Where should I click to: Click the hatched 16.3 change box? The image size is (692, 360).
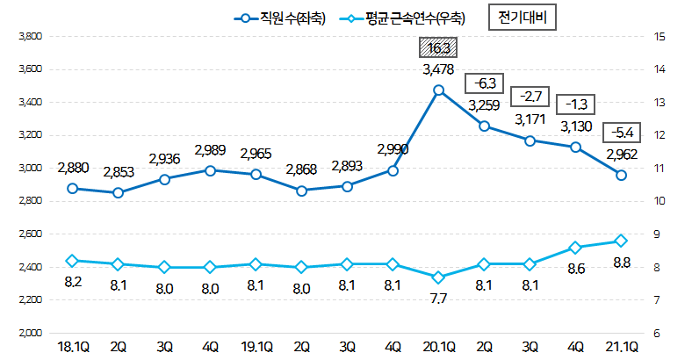click(438, 48)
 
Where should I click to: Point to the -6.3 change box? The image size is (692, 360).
click(485, 83)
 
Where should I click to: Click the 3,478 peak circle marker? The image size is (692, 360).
click(438, 90)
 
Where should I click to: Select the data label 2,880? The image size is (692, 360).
click(72, 168)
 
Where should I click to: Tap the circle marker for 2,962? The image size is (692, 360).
click(622, 176)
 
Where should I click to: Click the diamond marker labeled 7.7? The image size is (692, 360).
click(438, 277)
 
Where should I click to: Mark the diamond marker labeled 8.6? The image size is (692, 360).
click(575, 248)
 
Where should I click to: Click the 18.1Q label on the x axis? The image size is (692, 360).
click(72, 349)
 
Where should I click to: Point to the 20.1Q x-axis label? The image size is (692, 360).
click(438, 349)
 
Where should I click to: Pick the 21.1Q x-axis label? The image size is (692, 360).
click(622, 349)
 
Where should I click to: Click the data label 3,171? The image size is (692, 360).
click(530, 119)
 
